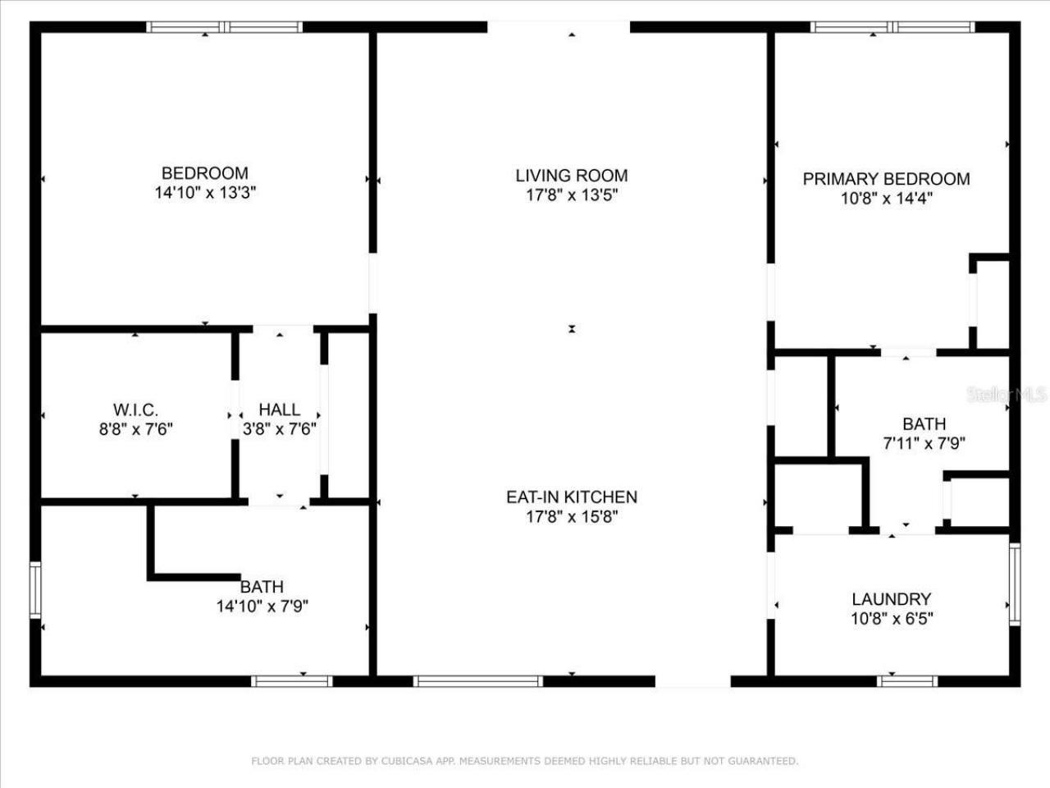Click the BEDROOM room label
(x=204, y=173)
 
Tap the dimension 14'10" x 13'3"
(x=204, y=193)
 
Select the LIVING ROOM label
(x=572, y=175)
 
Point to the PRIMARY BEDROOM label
(x=886, y=179)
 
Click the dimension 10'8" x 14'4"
(x=886, y=199)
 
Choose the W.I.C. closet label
(x=135, y=410)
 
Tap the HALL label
(x=279, y=410)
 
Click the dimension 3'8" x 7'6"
(x=279, y=428)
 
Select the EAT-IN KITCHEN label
(x=572, y=497)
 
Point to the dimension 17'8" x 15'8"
(x=572, y=516)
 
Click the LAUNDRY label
(x=891, y=599)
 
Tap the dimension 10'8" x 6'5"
(x=891, y=618)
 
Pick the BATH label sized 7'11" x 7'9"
(x=924, y=424)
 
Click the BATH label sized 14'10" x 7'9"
(x=262, y=587)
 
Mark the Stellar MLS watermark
(x=1007, y=395)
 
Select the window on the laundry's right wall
(x=1015, y=584)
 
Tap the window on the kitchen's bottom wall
(x=477, y=680)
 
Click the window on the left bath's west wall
(x=35, y=589)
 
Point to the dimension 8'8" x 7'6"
(x=135, y=428)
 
